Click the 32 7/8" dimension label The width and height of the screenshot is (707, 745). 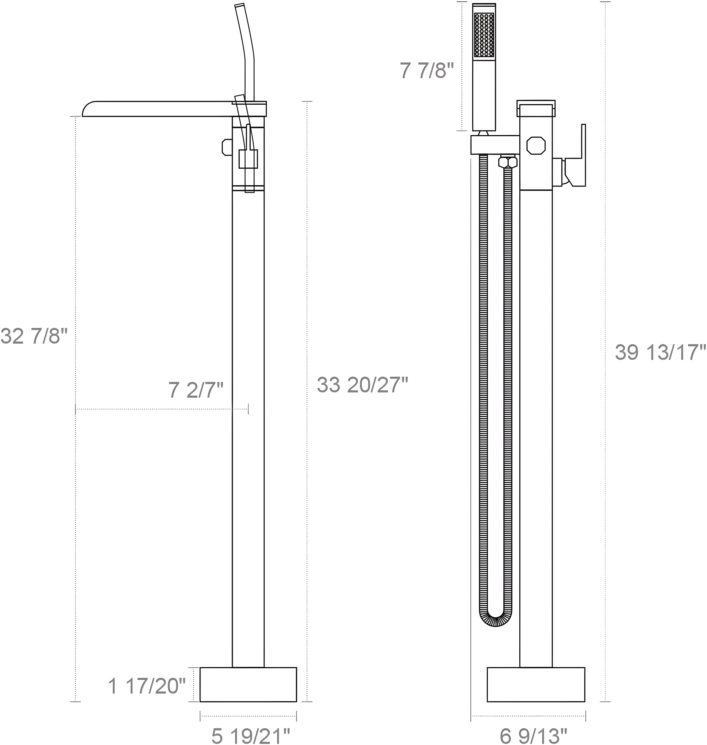(34, 336)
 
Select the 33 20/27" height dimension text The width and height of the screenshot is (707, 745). (362, 385)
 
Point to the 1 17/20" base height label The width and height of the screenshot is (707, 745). (147, 686)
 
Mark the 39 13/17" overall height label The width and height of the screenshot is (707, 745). (660, 353)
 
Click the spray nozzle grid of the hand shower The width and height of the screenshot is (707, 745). (484, 35)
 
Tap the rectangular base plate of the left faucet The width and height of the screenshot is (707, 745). (248, 685)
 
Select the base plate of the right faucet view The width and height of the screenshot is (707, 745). (536, 685)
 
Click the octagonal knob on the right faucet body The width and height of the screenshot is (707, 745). (536, 145)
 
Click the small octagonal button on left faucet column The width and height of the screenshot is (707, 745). (227, 147)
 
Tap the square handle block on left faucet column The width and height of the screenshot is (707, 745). (248, 158)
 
